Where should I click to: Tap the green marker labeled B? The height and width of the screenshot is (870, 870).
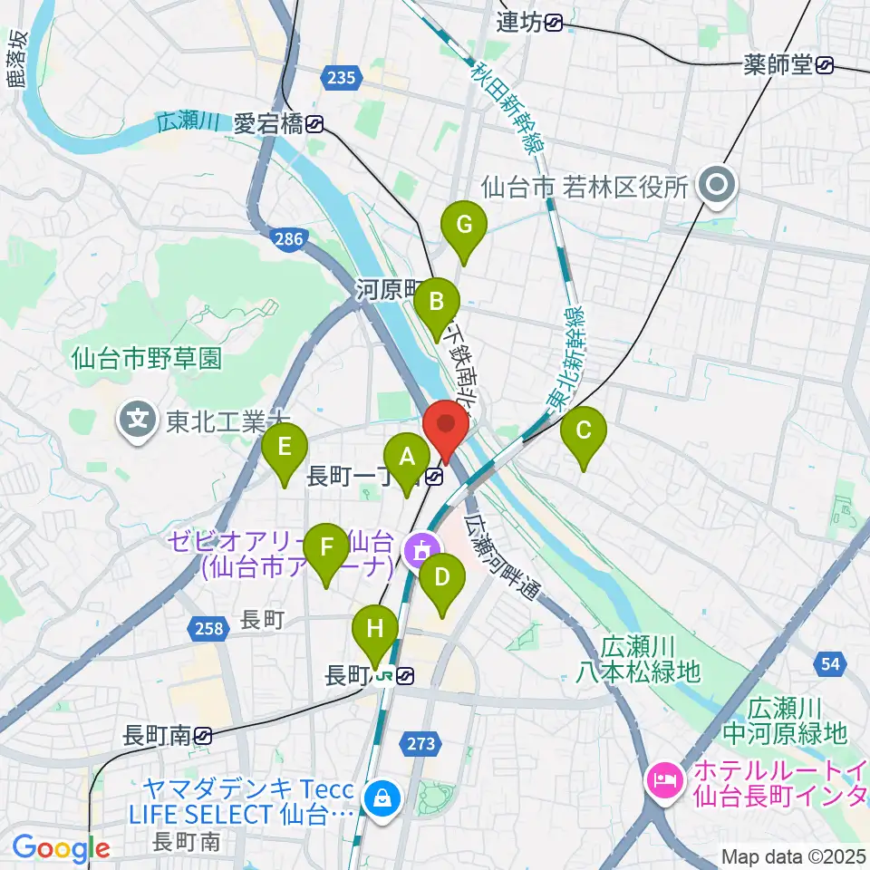[437, 302]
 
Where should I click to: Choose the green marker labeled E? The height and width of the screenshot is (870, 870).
[284, 449]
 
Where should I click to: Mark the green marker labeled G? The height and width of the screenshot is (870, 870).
[463, 226]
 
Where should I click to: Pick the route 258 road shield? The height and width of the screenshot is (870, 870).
[208, 628]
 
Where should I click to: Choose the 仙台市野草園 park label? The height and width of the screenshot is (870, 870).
[147, 359]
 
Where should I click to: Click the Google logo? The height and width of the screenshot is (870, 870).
[62, 848]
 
